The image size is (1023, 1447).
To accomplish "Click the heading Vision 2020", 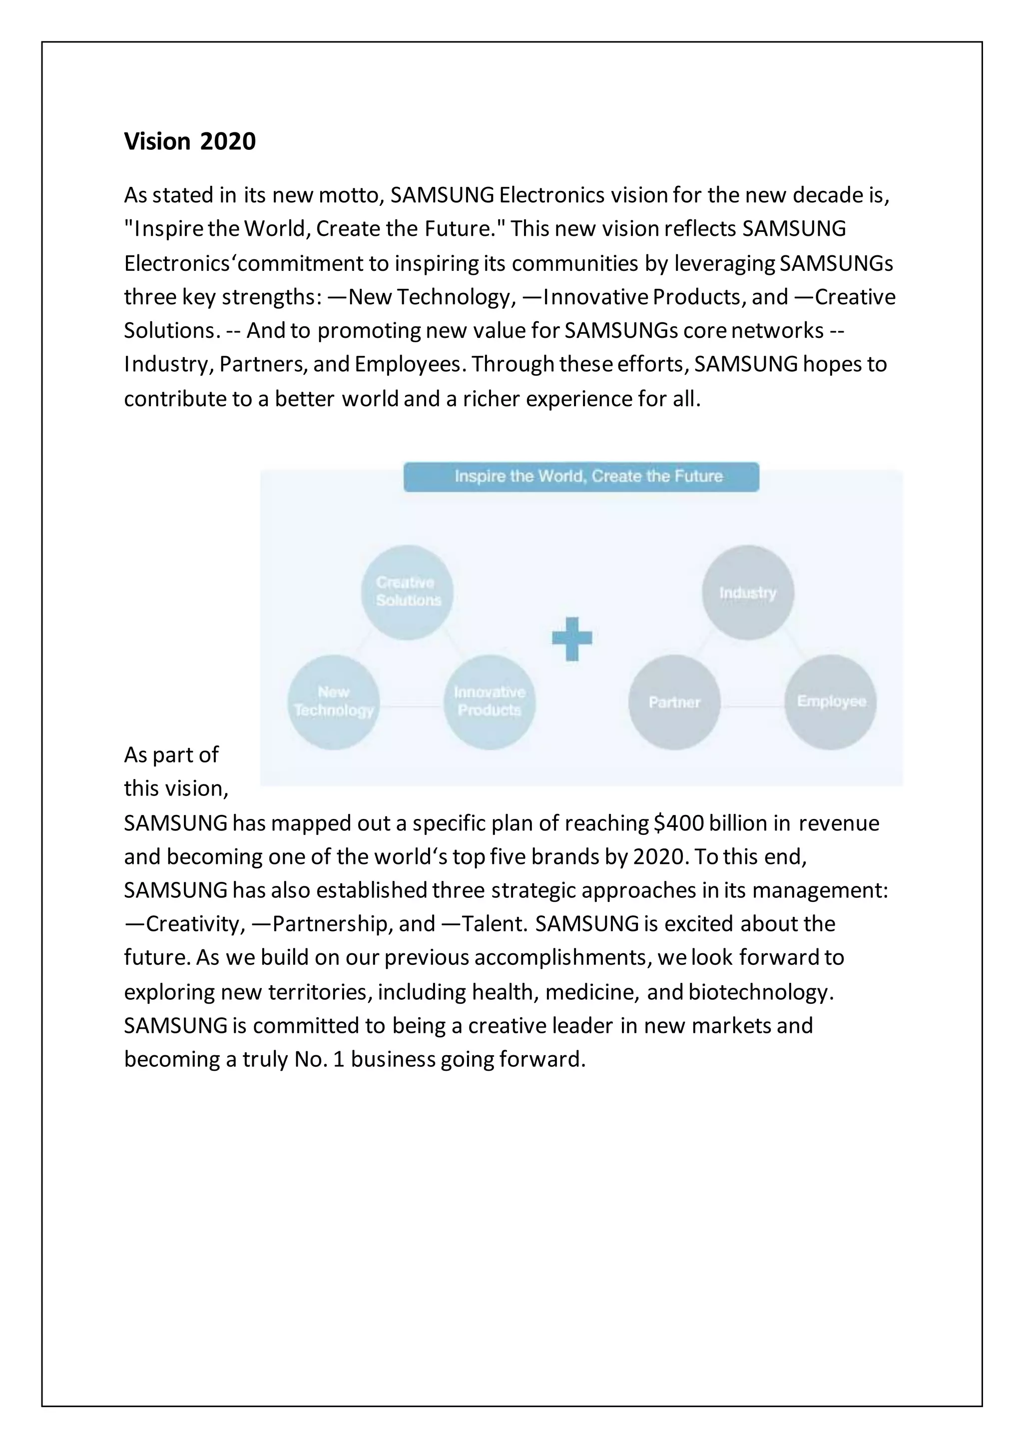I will pyautogui.click(x=190, y=141).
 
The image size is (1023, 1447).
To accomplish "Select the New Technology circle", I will pyautogui.click(x=333, y=702).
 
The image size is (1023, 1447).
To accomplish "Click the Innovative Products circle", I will pyautogui.click(x=490, y=702).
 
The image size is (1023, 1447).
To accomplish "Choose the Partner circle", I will pyautogui.click(x=674, y=702).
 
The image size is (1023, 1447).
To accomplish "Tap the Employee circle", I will pyautogui.click(x=830, y=702).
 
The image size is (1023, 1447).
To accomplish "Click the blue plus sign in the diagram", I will pyautogui.click(x=572, y=638).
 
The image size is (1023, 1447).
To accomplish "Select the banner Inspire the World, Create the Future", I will pyautogui.click(x=581, y=477).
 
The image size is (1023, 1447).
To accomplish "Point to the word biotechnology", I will pyautogui.click(x=760, y=992).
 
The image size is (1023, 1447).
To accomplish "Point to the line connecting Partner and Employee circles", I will pyautogui.click(x=752, y=707).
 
